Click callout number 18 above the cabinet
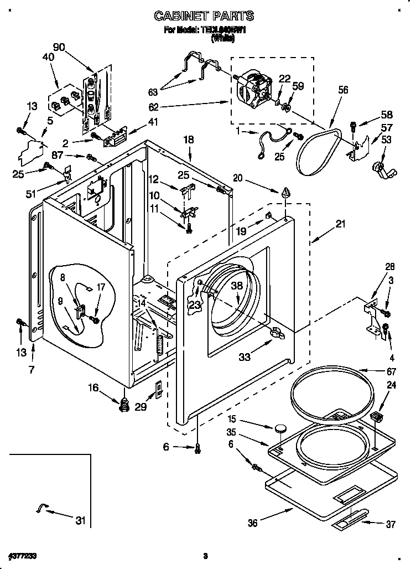point(189,141)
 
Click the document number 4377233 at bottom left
point(24,555)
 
